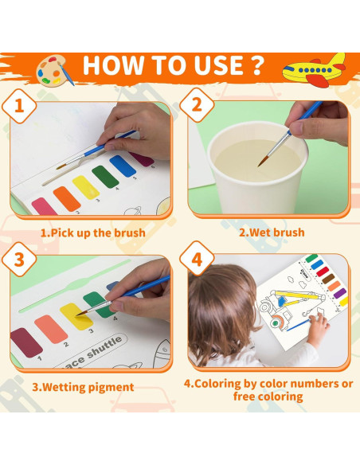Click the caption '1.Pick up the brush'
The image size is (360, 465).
pos(93,232)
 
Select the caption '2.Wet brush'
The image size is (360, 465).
pos(272,232)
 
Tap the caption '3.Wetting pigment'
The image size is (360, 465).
pos(83,388)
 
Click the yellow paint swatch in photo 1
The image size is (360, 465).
pos(85,188)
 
